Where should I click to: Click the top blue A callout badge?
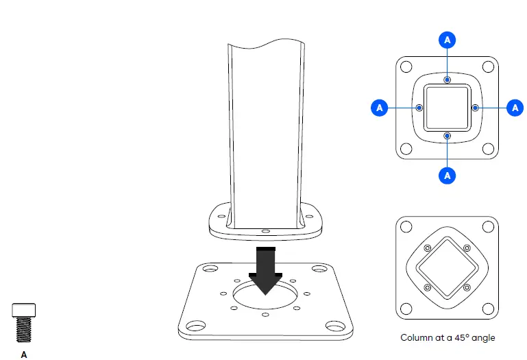pyautogui.click(x=447, y=40)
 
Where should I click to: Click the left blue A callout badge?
pyautogui.click(x=380, y=108)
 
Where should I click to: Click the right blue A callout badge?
pyautogui.click(x=514, y=108)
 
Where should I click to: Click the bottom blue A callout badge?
pyautogui.click(x=447, y=175)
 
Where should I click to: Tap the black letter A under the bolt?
pyautogui.click(x=24, y=355)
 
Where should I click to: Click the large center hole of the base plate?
pyautogui.click(x=265, y=297)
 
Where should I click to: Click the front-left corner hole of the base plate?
pyautogui.click(x=195, y=326)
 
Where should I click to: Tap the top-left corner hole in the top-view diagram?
pyautogui.click(x=406, y=67)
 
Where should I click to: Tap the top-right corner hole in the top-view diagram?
pyautogui.click(x=488, y=67)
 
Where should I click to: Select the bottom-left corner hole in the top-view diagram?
pyautogui.click(x=406, y=149)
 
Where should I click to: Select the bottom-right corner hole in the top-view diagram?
pyautogui.click(x=488, y=149)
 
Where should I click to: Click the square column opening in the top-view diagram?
pyautogui.click(x=447, y=108)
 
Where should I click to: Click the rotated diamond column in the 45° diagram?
pyautogui.click(x=447, y=267)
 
